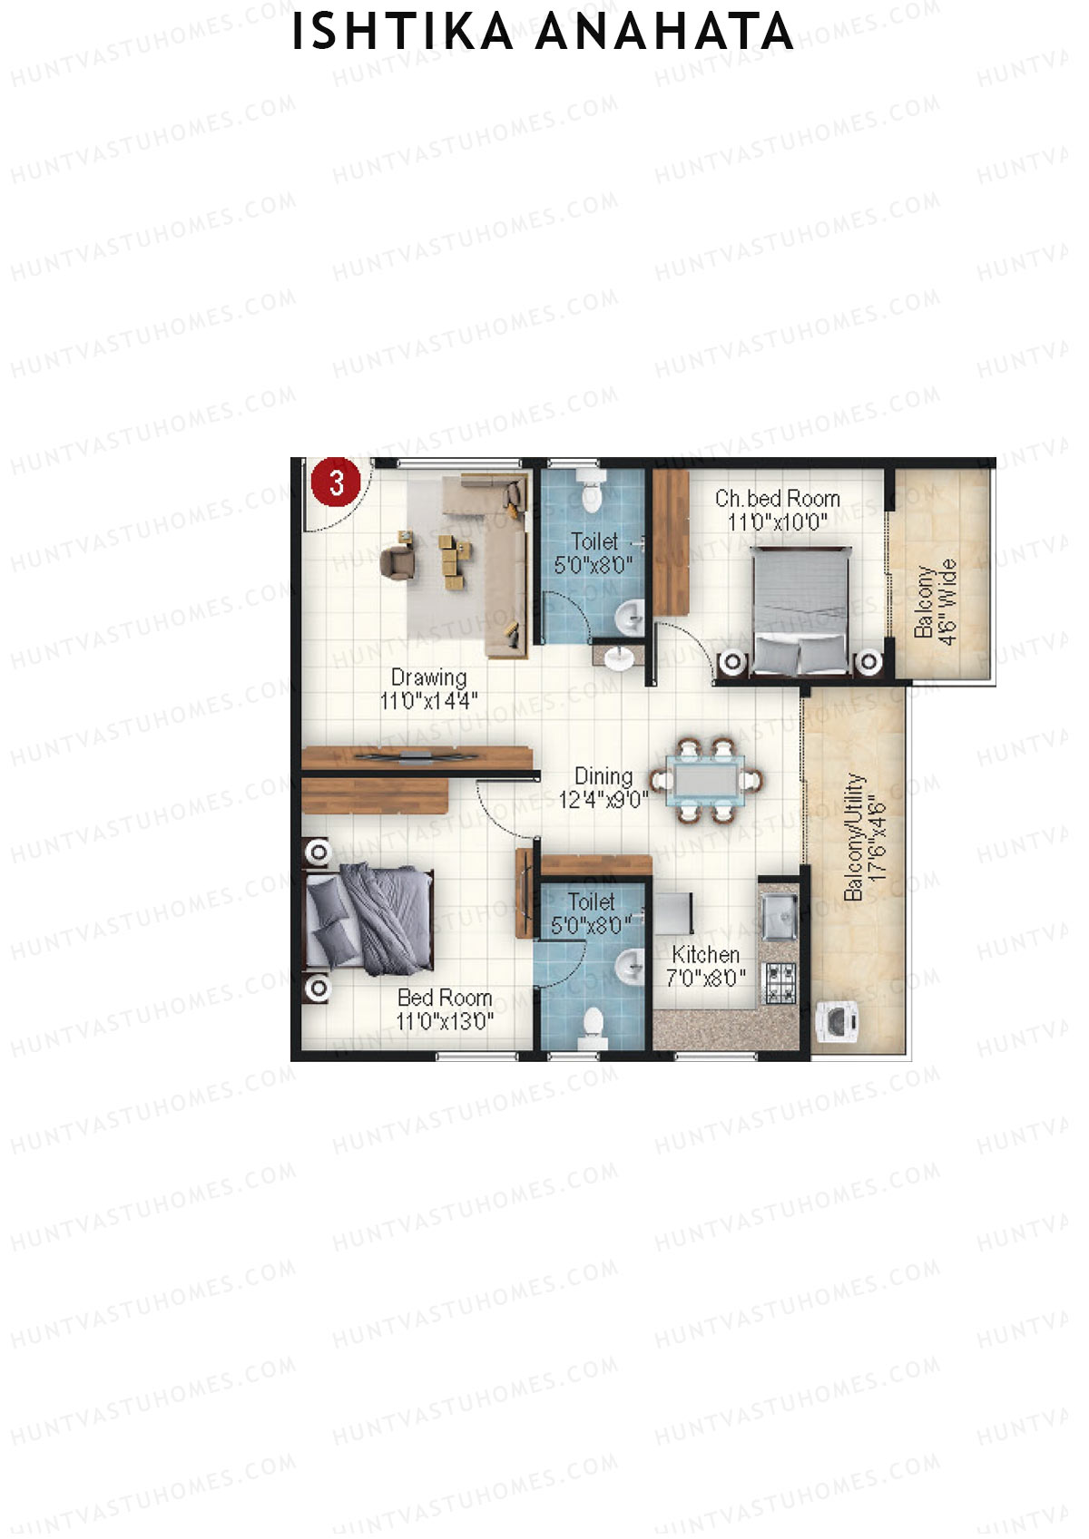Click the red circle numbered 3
(337, 481)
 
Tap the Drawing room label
(428, 688)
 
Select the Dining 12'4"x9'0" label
(603, 787)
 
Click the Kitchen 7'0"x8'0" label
(706, 965)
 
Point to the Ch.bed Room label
(778, 509)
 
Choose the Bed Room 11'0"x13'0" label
(445, 1008)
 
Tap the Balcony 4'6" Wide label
(936, 601)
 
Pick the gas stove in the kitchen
(780, 982)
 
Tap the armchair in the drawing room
(397, 559)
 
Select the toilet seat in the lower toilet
(591, 1025)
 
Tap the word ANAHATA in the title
(664, 33)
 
